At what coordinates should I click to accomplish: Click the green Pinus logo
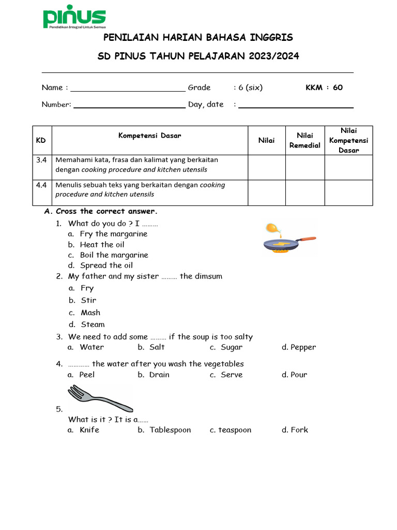74,19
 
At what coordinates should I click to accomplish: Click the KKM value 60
338,87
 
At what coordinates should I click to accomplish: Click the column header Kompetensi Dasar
150,136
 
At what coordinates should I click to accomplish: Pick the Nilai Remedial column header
305,140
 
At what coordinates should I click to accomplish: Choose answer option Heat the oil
102,245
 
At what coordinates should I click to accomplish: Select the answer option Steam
93,325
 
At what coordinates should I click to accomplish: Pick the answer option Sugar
231,347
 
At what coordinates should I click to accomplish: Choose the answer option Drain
159,375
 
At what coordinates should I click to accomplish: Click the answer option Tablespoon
170,430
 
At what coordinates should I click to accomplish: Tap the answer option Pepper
303,347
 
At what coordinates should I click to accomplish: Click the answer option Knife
89,430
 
